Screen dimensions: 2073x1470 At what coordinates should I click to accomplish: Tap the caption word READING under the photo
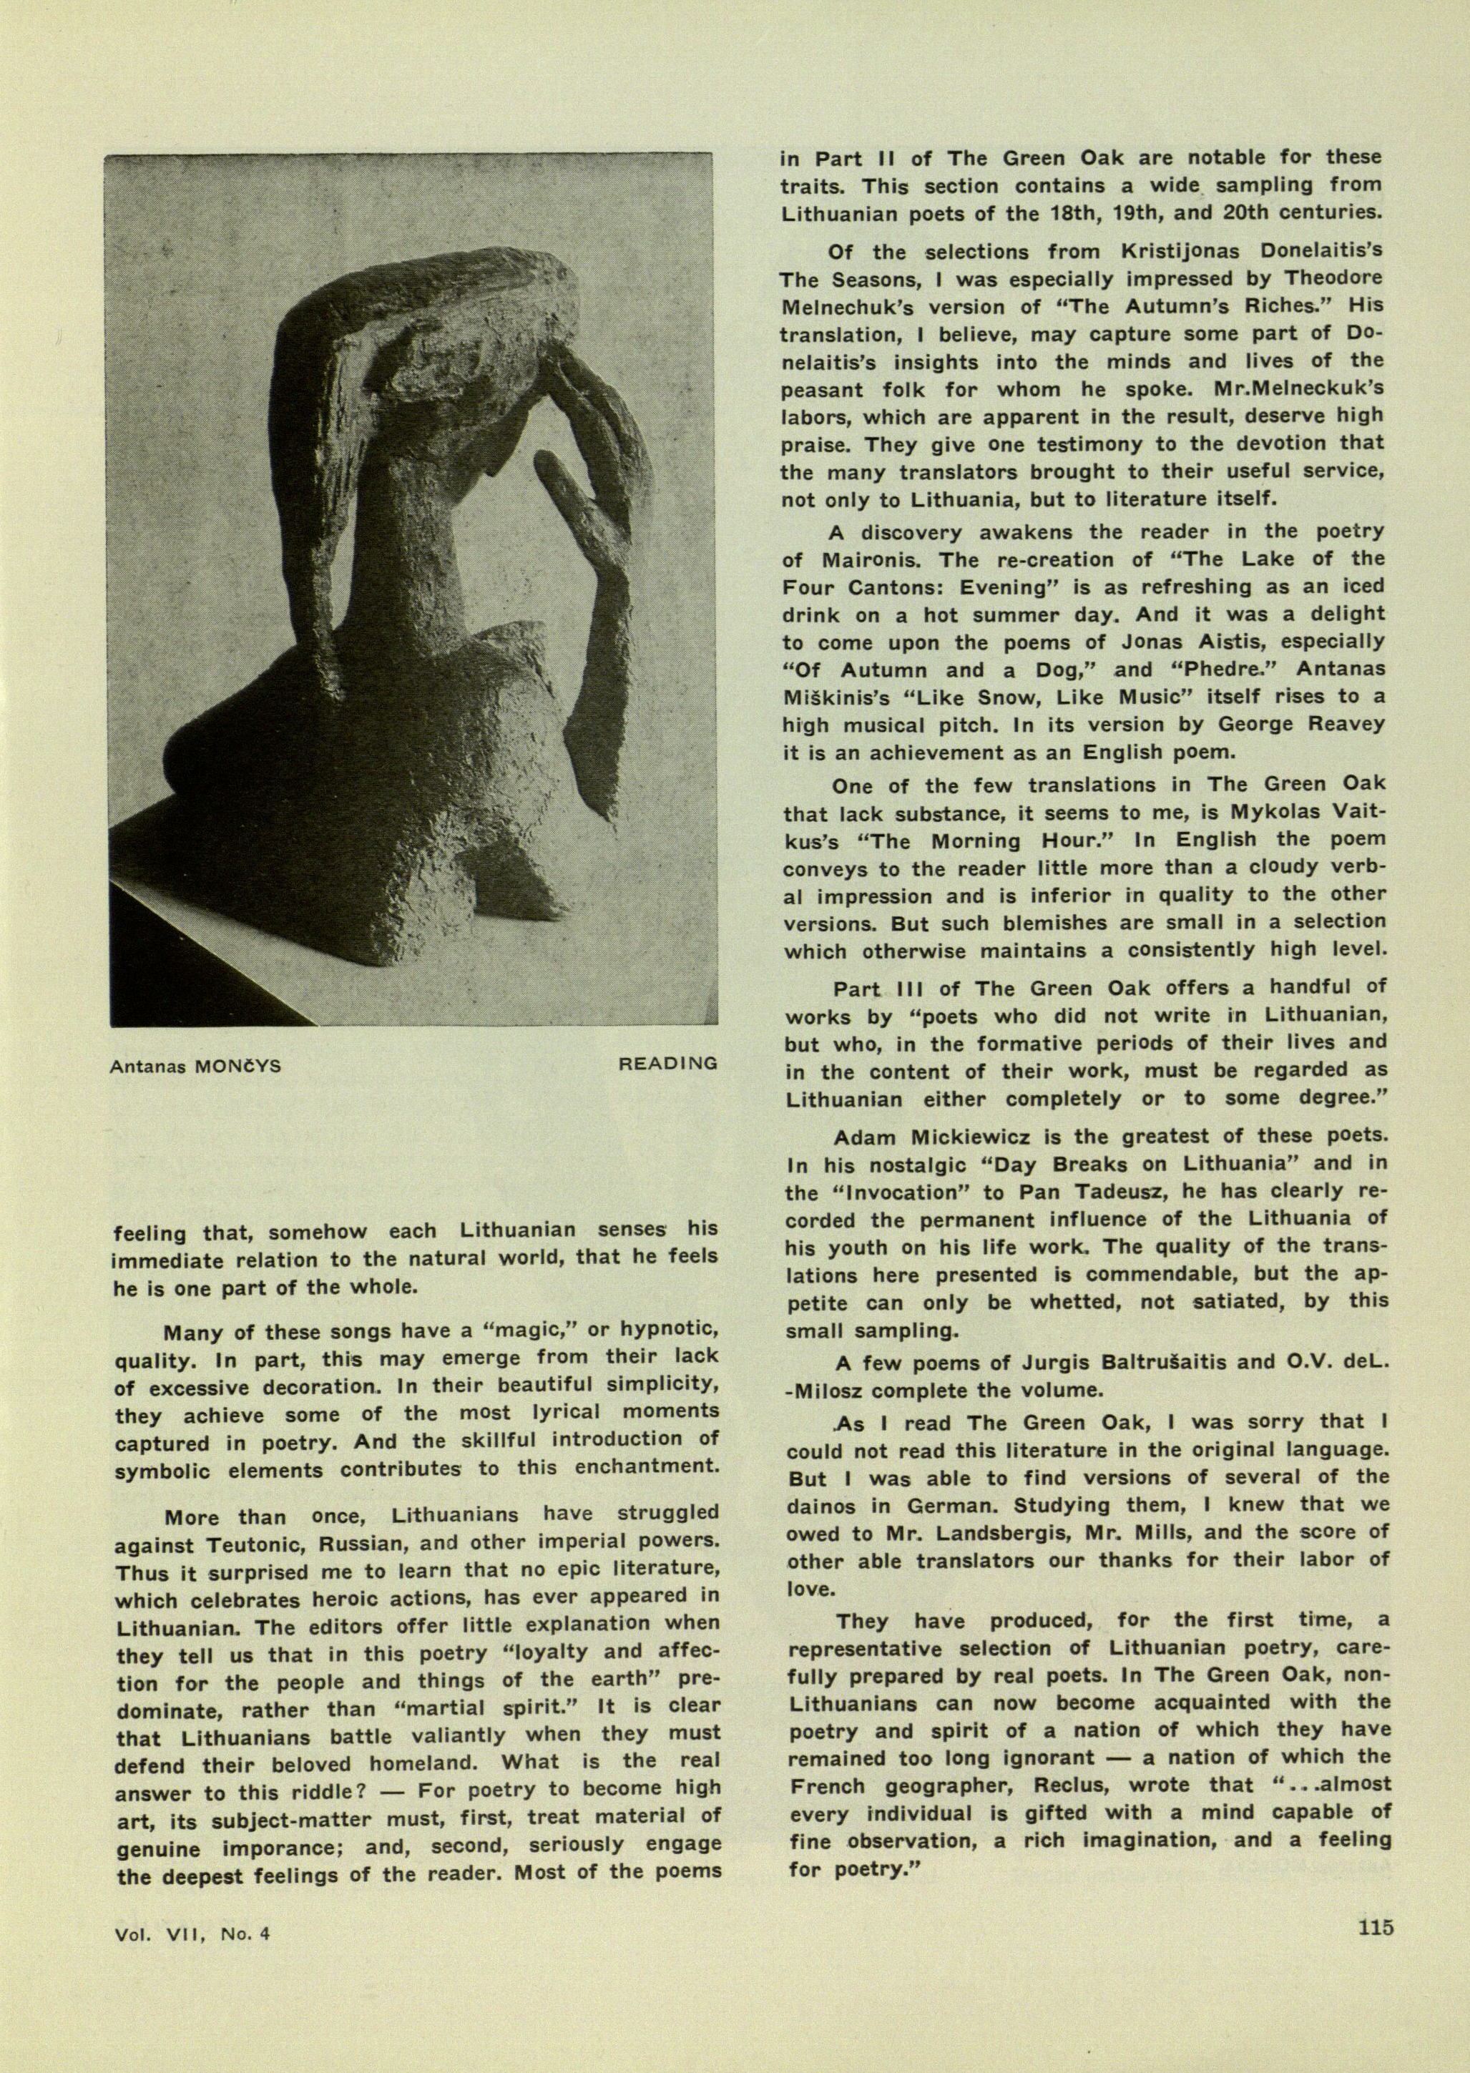coord(667,1064)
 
